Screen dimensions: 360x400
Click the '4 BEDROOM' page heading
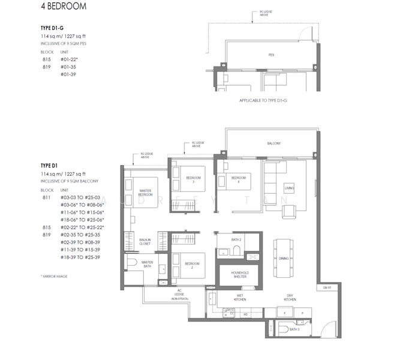61,7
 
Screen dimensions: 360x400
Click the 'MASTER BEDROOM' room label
145,193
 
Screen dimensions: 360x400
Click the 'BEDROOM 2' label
193,264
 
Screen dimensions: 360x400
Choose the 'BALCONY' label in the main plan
274,144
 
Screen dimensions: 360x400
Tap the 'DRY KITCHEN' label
290,298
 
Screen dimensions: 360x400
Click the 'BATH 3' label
294,330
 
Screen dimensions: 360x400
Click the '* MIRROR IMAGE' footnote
54,275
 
